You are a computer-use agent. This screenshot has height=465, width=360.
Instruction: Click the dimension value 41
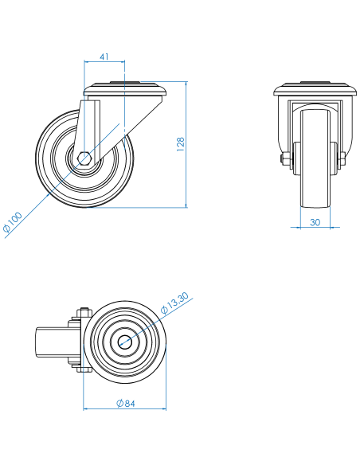pos(104,57)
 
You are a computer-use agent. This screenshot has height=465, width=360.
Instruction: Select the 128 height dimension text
pos(180,144)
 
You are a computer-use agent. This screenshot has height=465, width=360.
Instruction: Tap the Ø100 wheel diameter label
pos(13,222)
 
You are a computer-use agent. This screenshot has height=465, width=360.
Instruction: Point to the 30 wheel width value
pos(315,222)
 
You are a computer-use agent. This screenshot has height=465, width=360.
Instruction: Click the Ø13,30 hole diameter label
pos(174,303)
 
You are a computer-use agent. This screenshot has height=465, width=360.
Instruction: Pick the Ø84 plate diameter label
pos(126,404)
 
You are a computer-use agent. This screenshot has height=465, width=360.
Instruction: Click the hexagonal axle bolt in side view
pos(84,158)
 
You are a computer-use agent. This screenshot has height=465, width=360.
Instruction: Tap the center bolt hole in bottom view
pos(125,342)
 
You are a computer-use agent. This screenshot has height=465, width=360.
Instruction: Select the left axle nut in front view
pos(284,158)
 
